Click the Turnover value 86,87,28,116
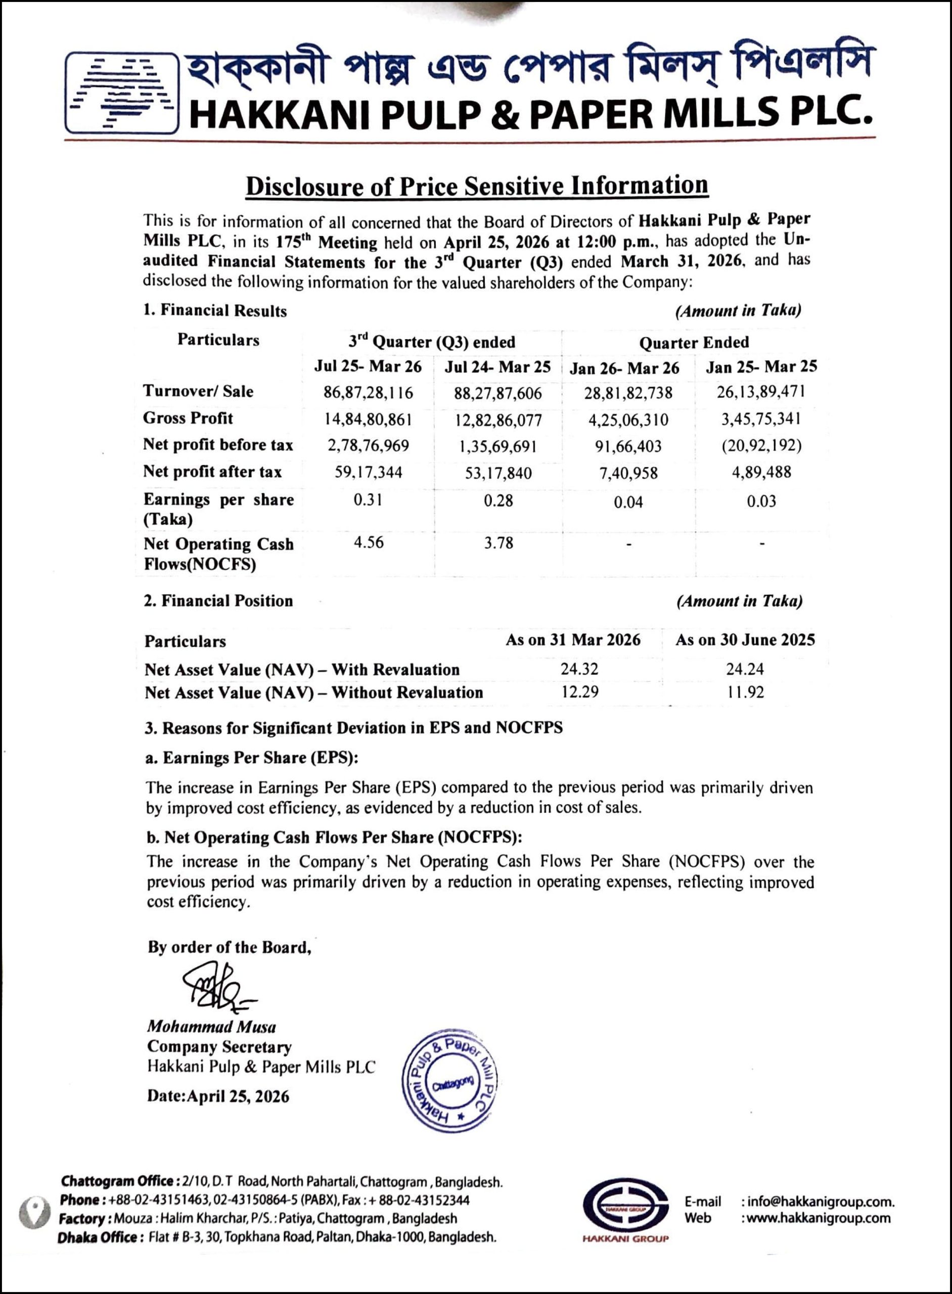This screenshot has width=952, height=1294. click(368, 393)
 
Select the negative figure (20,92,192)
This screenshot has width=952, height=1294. click(761, 445)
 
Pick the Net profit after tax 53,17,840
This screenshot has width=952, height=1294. click(498, 473)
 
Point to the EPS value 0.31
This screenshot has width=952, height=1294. click(368, 499)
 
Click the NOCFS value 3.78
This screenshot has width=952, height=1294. click(498, 543)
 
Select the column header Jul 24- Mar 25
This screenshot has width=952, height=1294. click(497, 367)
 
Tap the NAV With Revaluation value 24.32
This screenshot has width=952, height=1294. click(579, 669)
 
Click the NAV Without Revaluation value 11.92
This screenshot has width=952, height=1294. click(745, 692)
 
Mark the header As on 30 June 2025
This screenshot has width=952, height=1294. click(745, 640)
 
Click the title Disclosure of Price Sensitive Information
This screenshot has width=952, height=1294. click(477, 186)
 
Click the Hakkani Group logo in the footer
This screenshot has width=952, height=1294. click(625, 1209)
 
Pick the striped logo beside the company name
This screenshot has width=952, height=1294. click(121, 94)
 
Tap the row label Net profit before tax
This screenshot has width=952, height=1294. click(218, 445)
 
